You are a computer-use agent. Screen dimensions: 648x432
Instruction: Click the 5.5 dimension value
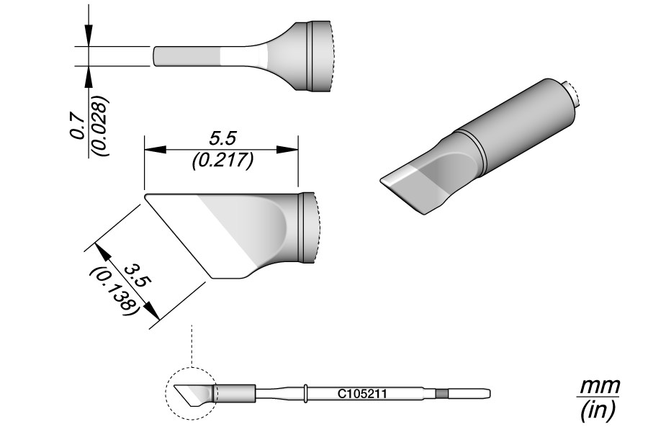click(x=222, y=139)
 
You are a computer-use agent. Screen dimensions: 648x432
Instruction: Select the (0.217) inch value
click(x=222, y=160)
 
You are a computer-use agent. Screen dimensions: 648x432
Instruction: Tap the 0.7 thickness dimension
click(x=78, y=127)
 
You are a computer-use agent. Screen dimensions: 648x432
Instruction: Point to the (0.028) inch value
click(x=99, y=126)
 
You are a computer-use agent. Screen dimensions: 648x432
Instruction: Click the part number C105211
click(x=362, y=394)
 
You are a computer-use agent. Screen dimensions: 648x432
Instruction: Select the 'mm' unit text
click(x=600, y=387)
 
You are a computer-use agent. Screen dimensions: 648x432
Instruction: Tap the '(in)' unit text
click(x=598, y=410)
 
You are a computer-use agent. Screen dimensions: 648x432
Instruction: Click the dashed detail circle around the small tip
click(x=166, y=394)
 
